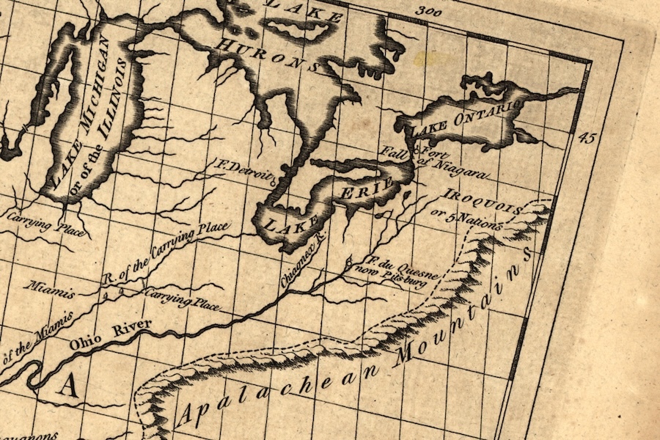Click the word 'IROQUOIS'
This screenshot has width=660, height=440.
[x=483, y=202]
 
